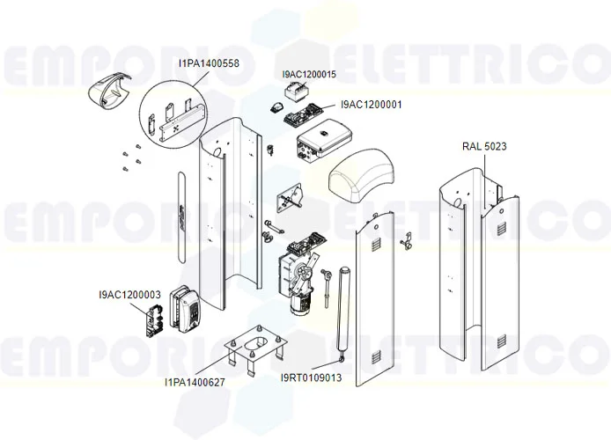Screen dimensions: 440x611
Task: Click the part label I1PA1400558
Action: (x=209, y=62)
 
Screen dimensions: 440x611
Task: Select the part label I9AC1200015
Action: (x=309, y=75)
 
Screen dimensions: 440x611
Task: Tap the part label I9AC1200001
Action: (x=372, y=105)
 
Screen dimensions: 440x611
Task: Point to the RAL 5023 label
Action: (x=484, y=146)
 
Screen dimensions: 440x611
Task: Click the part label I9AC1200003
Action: (x=129, y=294)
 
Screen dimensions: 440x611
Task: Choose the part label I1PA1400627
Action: (x=194, y=382)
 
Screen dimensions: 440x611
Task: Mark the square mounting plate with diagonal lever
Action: (x=289, y=201)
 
